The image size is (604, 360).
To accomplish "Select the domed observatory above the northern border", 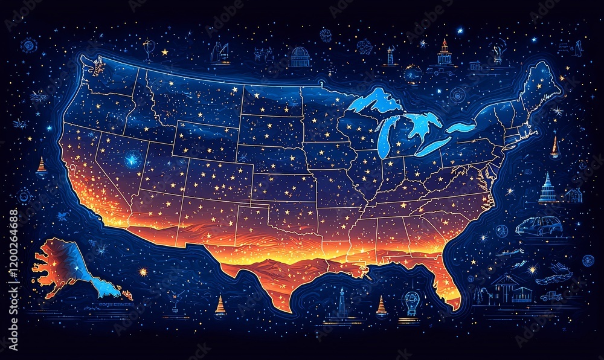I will coord(300,57).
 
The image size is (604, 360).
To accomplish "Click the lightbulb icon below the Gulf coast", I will coord(412,300).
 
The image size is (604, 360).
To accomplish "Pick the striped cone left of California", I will coord(41,166).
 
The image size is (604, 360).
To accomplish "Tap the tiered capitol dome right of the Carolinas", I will coord(547,188).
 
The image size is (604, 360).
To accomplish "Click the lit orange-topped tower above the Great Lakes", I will coord(445,53).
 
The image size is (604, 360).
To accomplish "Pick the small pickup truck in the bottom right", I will coord(551,297).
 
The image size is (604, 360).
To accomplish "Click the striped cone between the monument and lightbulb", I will coord(381,306).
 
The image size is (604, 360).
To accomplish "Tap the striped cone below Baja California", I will coord(220,304).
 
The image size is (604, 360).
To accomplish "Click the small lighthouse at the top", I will coord(390,56).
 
